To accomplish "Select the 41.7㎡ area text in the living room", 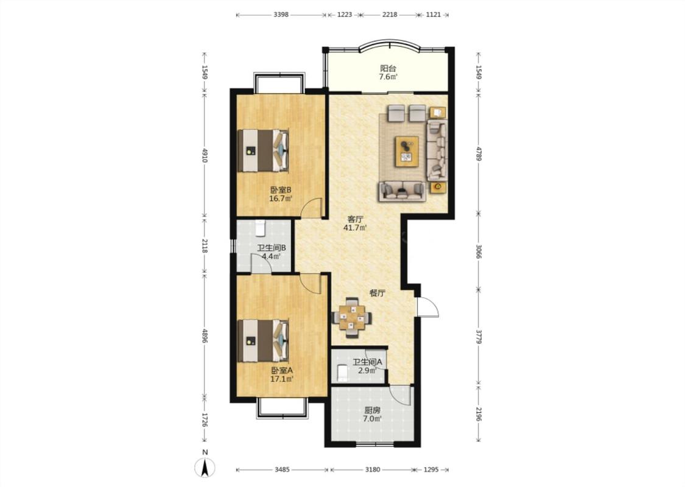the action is pos(355,228).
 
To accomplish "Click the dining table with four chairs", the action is pos(352,318).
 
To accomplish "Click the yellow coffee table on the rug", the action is pos(407,151).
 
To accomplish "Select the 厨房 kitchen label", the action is pos(372,410).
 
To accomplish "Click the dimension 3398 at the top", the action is pos(281,15).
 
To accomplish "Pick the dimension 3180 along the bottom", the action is pos(372,470).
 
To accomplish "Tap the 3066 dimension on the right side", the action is pos(479,251).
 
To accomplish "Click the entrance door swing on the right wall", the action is pos(428,307).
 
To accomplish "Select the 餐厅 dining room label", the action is pos(378,293).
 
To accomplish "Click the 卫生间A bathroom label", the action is pos(367,362).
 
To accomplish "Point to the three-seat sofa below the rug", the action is pos(402,191).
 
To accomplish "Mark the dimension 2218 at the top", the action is pos(390,15).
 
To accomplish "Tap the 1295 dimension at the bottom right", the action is pos(430,470).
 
